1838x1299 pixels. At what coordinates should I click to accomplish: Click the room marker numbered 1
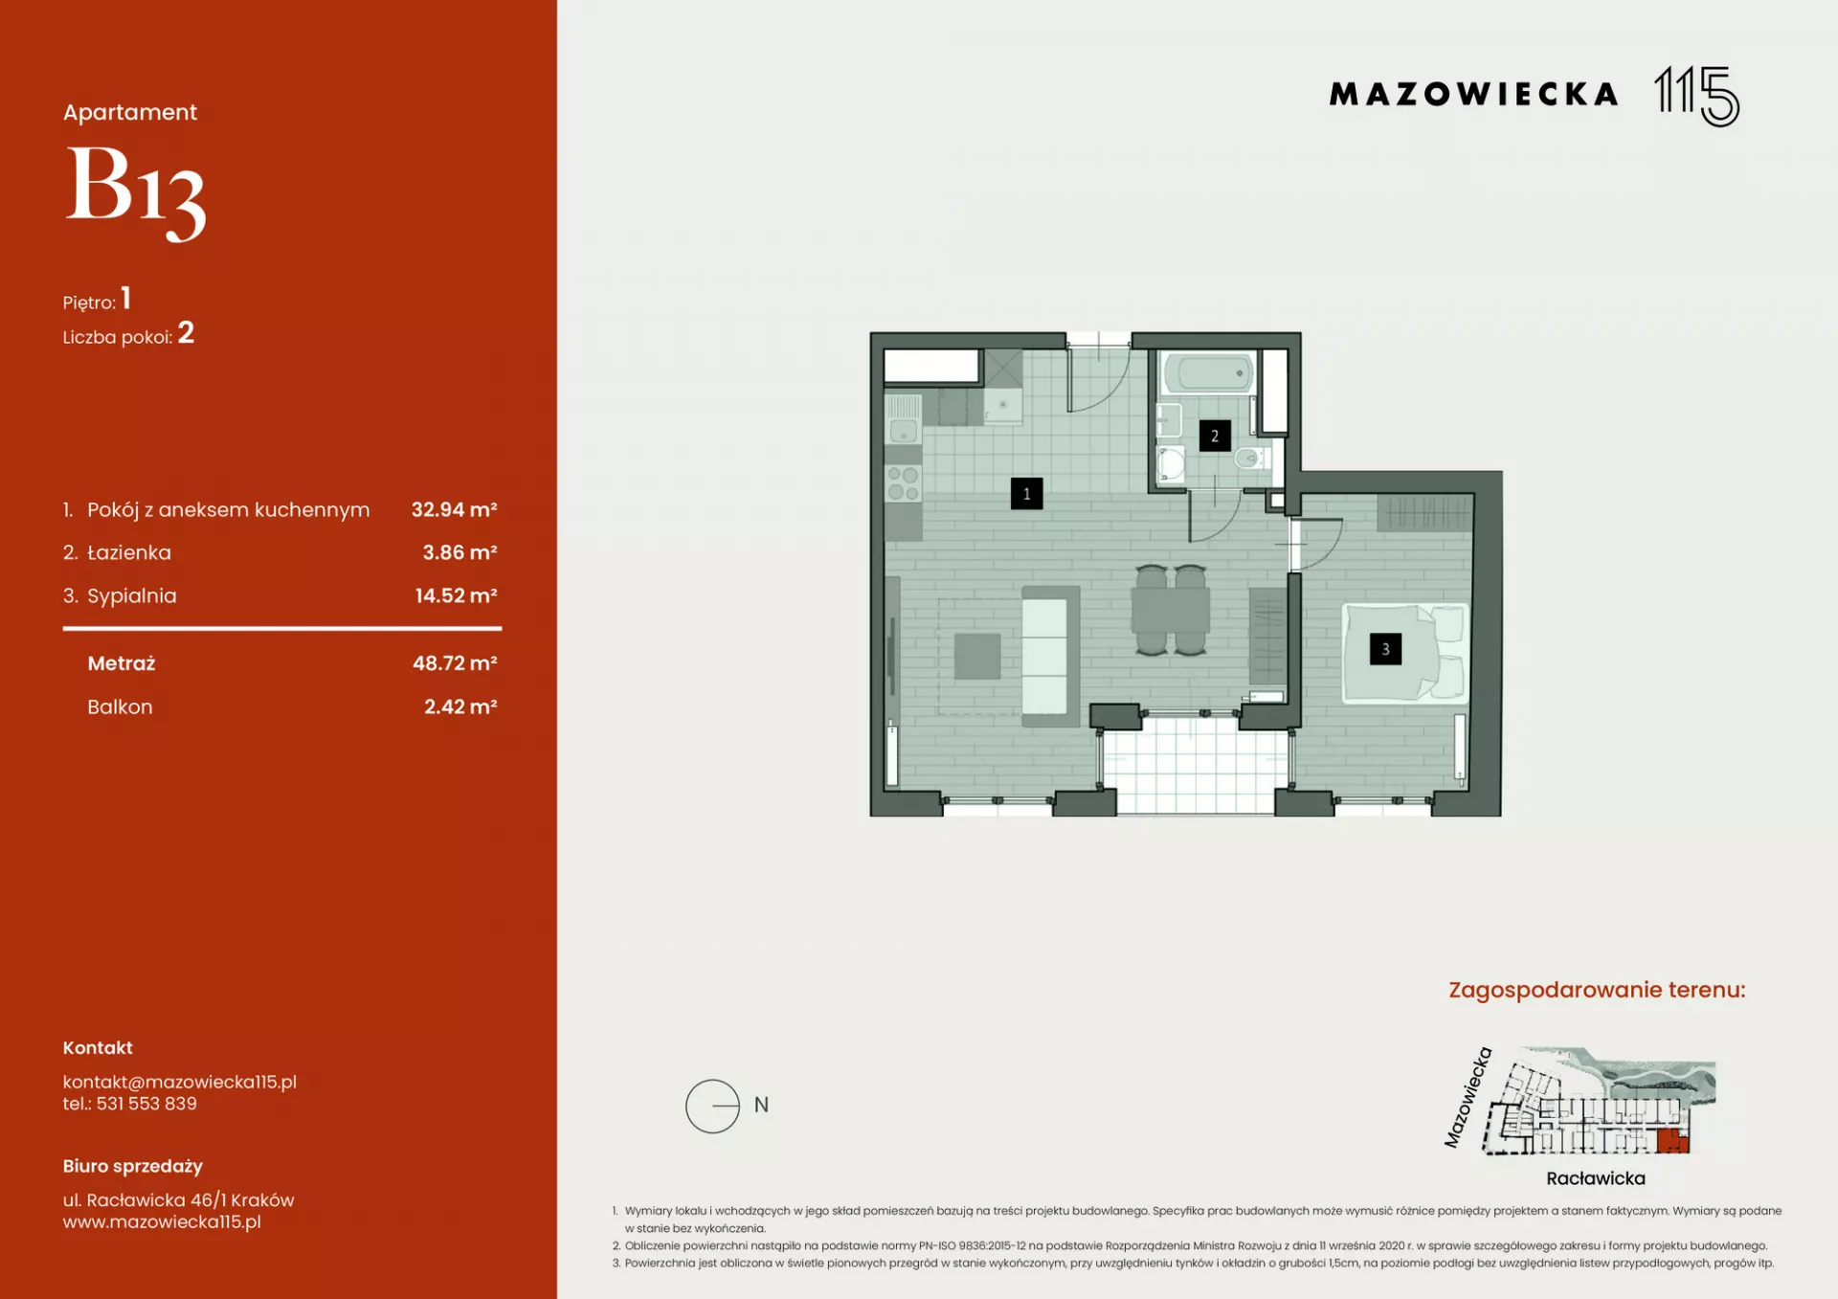point(1026,494)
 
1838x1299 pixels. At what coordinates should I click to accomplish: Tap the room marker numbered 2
point(1215,436)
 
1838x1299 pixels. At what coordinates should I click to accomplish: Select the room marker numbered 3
point(1385,649)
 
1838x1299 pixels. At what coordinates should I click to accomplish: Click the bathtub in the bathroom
point(1208,372)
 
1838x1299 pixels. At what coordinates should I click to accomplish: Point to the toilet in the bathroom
point(1252,458)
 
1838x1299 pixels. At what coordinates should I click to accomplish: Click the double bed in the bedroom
point(1404,651)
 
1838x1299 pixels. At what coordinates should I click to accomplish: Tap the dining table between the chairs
point(1170,610)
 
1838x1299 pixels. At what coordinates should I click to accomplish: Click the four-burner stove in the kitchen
point(903,484)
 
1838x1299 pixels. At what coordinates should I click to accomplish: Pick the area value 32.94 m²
point(454,509)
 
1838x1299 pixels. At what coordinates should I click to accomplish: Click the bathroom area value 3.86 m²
point(459,552)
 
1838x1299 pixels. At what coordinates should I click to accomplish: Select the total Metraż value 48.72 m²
point(455,663)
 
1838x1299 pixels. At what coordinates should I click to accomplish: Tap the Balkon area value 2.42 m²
point(460,706)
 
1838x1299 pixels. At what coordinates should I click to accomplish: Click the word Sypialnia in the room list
point(132,596)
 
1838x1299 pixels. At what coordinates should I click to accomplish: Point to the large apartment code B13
point(135,191)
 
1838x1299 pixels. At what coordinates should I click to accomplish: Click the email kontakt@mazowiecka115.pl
point(180,1082)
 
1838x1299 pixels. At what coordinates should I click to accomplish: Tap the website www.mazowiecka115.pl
point(162,1221)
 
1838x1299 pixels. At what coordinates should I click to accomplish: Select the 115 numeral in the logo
point(1697,96)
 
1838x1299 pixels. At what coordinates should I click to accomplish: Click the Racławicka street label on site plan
point(1596,1178)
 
